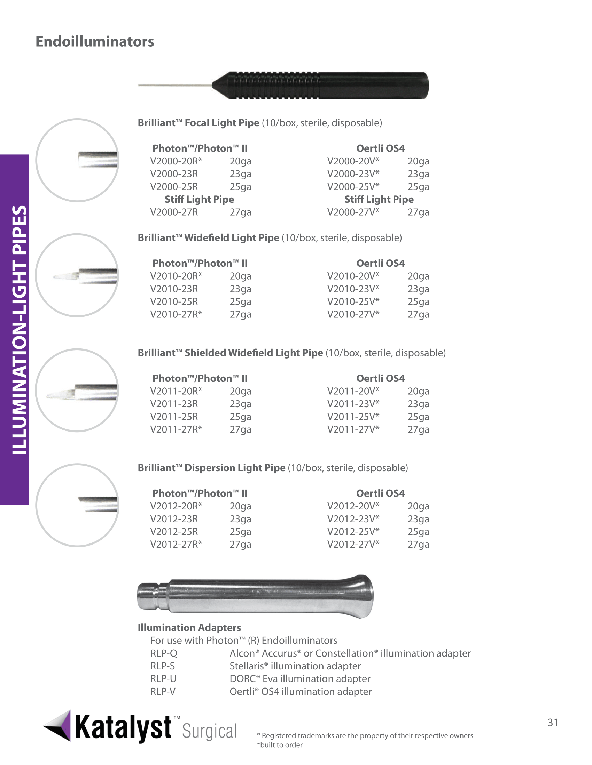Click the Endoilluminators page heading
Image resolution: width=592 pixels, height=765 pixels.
tap(95, 41)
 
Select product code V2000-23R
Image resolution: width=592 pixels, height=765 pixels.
tap(174, 174)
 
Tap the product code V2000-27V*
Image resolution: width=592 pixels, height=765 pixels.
tap(353, 212)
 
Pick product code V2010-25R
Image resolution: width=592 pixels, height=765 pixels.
tap(174, 301)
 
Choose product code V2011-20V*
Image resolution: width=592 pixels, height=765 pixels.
tap(353, 391)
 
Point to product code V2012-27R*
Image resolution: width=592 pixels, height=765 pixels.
tap(176, 544)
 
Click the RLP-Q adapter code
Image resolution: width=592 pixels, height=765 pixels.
tap(164, 653)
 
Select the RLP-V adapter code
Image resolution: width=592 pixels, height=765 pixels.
tap(163, 691)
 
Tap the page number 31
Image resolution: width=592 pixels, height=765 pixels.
tap(553, 723)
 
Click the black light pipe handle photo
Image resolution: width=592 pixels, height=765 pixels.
tap(319, 86)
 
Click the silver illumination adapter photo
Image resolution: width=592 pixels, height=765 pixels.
tap(255, 596)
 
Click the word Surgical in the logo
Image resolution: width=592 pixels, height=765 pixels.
tap(209, 731)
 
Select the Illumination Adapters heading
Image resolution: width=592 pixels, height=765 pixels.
tap(189, 628)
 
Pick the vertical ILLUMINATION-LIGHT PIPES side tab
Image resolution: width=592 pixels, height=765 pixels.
tap(15, 329)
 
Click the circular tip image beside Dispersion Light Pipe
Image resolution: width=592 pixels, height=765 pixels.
tap(77, 505)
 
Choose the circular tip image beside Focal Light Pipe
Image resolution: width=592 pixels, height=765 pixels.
tap(77, 160)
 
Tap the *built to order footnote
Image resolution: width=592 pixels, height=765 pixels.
tap(280, 745)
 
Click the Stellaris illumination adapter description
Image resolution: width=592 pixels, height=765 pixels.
tap(295, 666)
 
